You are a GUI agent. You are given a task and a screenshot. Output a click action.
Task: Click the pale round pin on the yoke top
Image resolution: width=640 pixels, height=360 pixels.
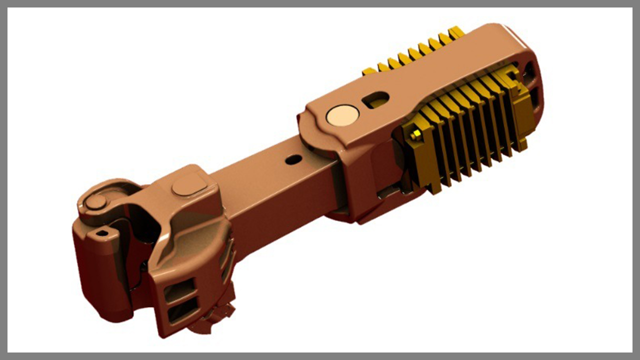click(342, 115)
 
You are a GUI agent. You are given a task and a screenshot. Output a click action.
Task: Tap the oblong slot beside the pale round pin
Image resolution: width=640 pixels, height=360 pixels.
click(376, 99)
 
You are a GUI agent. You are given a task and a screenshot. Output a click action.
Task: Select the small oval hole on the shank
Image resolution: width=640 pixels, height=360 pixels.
click(293, 160)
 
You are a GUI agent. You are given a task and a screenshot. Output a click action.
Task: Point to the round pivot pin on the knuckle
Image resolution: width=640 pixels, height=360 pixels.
click(95, 202)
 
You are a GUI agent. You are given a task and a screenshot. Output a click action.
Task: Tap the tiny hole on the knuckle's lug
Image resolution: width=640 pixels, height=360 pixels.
click(102, 233)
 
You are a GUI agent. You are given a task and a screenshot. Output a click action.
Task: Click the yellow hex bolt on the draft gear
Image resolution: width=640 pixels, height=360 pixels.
click(414, 135)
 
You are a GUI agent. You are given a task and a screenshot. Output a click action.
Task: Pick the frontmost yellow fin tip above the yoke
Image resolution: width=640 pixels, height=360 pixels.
click(369, 71)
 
